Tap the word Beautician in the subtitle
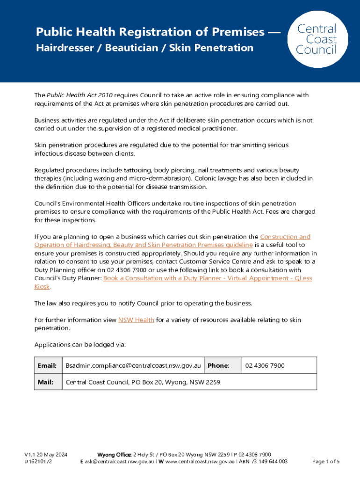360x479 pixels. click(x=130, y=48)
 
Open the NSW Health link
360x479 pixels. click(x=136, y=320)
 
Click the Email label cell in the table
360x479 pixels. click(x=47, y=365)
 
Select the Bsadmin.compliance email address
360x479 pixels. click(x=133, y=365)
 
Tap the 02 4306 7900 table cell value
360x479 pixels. click(x=265, y=365)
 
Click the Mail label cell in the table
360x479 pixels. click(x=45, y=382)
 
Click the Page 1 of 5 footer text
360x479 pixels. click(x=326, y=462)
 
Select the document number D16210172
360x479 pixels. click(x=38, y=462)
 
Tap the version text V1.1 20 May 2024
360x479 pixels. click(x=46, y=455)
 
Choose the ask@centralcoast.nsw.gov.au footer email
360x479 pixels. click(x=119, y=462)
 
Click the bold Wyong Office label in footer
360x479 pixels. click(x=114, y=455)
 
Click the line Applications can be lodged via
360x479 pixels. click(x=80, y=345)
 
